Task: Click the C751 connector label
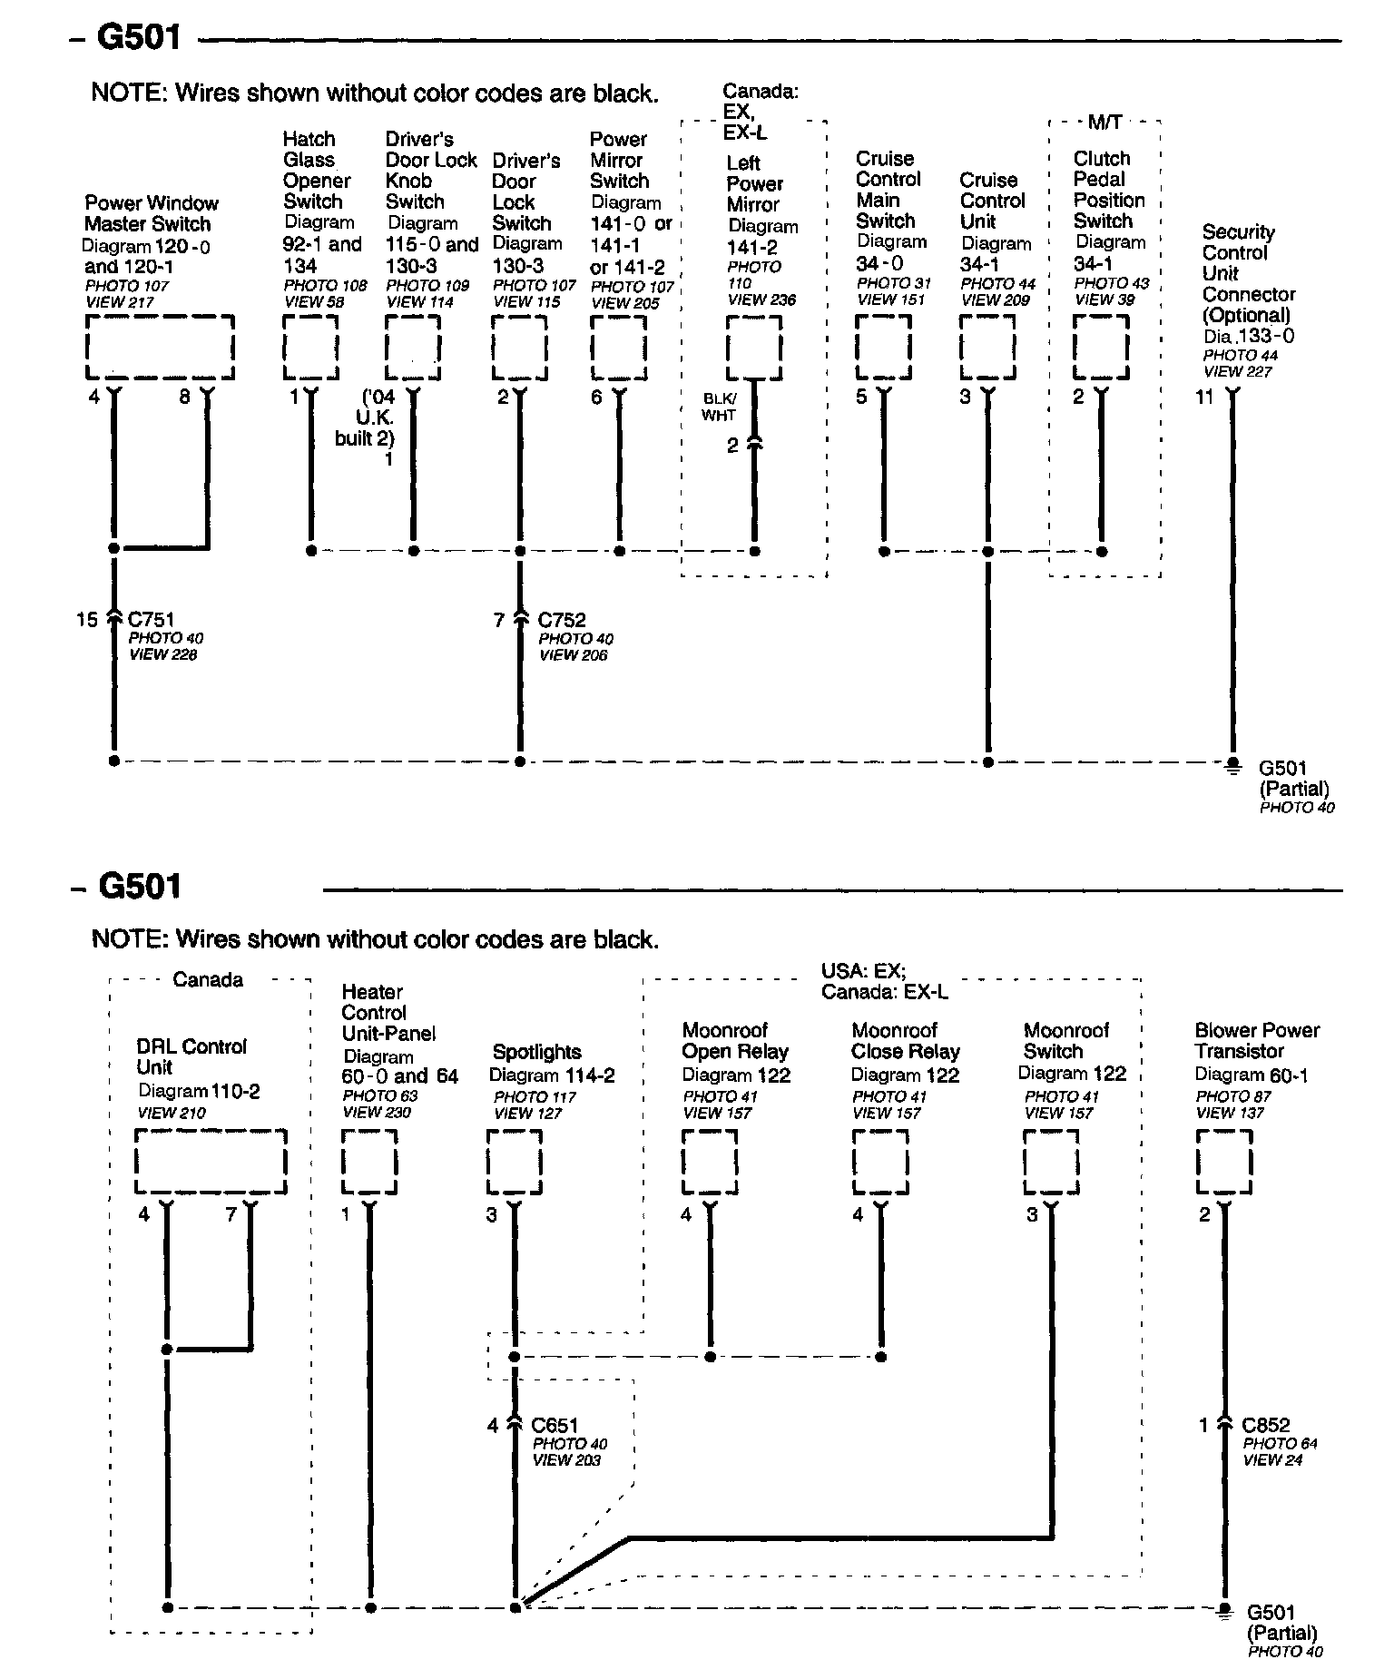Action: [152, 621]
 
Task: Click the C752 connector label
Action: [562, 621]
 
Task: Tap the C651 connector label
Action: [555, 1425]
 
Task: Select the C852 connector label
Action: [1266, 1425]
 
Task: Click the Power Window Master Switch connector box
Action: [161, 349]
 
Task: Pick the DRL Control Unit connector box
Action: [211, 1162]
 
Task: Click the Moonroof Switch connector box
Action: [1053, 1162]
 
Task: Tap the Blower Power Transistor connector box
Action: [1224, 1162]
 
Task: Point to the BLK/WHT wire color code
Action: [720, 407]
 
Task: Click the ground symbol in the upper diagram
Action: [1232, 767]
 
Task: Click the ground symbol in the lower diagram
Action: [1224, 1610]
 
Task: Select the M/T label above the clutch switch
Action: [1104, 123]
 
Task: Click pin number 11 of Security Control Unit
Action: [1204, 398]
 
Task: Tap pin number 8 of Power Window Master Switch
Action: [185, 397]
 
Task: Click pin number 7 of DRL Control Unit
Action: [231, 1214]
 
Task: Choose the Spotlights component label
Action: [537, 1053]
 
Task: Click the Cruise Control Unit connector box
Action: [988, 349]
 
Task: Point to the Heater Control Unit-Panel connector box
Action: [369, 1162]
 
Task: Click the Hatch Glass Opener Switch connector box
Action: [311, 349]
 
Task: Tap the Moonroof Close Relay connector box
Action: [880, 1162]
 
